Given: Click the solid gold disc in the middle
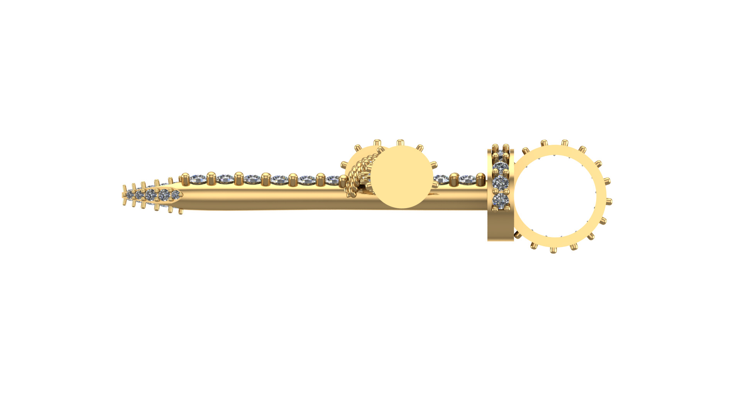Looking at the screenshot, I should (401, 177).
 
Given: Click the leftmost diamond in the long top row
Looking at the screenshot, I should (198, 179).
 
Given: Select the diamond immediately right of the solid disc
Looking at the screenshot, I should (441, 179).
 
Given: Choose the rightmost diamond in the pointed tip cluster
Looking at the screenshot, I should (175, 194).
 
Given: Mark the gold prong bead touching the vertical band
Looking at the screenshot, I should (480, 179).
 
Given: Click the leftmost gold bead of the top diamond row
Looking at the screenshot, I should (185, 179).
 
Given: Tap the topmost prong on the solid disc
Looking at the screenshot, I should (400, 142).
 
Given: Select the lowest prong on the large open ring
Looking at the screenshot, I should (553, 250).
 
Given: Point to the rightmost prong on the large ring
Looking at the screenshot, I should (609, 201).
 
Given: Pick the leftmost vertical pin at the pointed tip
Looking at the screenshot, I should (124, 195).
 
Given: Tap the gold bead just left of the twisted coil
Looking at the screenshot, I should (343, 180).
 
